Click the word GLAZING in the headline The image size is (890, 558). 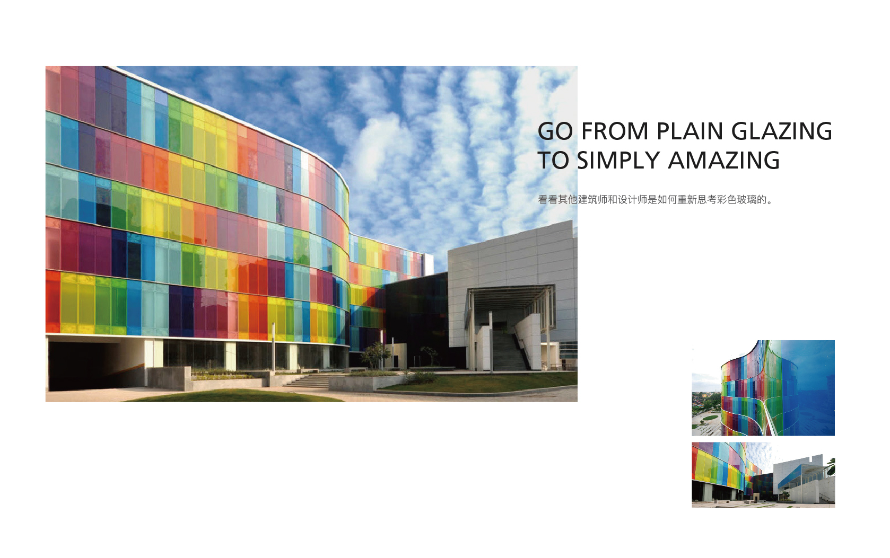(781, 131)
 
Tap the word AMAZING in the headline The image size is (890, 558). (723, 161)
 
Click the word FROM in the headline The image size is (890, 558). (615, 131)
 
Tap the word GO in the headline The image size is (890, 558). (555, 131)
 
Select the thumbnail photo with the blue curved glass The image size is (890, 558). (763, 388)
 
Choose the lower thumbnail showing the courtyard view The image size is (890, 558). (763, 475)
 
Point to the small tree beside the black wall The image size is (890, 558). (374, 355)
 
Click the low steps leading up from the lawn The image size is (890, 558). (307, 380)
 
